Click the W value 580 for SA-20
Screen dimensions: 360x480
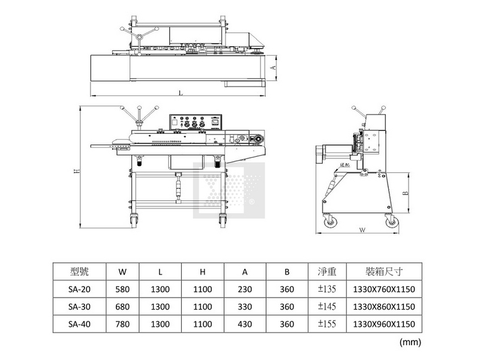coord(122,290)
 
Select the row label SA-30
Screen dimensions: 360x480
coord(79,307)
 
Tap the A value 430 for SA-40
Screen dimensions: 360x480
coord(245,325)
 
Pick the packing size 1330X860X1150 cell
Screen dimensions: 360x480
coord(385,307)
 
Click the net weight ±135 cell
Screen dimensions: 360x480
coord(328,290)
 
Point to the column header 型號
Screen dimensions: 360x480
coord(79,272)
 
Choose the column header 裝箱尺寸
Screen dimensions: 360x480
coord(385,272)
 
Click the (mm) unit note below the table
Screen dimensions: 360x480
coord(409,342)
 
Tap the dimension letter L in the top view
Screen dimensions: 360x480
coord(181,92)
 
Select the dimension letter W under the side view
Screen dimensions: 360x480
coord(362,229)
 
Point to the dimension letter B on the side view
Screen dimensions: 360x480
coord(405,193)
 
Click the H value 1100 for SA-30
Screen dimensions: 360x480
coord(203,307)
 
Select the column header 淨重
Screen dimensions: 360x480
coord(328,272)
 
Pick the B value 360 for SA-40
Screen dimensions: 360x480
coord(287,325)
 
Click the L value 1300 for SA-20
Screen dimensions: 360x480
coord(160,290)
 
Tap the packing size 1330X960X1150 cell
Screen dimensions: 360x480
coord(385,325)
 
